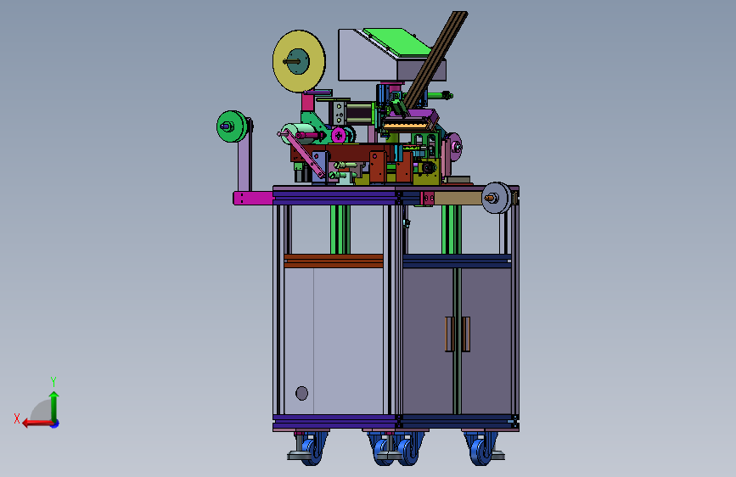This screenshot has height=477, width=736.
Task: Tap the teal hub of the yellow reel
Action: point(298,61)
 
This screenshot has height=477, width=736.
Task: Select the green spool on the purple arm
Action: point(232,126)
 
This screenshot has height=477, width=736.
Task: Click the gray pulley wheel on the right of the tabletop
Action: point(496,198)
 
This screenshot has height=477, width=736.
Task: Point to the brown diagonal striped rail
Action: point(435,59)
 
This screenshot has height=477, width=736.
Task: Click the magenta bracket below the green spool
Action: point(253,198)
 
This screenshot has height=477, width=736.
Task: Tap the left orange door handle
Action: point(449,334)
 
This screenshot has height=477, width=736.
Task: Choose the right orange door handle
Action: point(465,334)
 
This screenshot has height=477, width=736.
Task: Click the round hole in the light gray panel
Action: point(302,393)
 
